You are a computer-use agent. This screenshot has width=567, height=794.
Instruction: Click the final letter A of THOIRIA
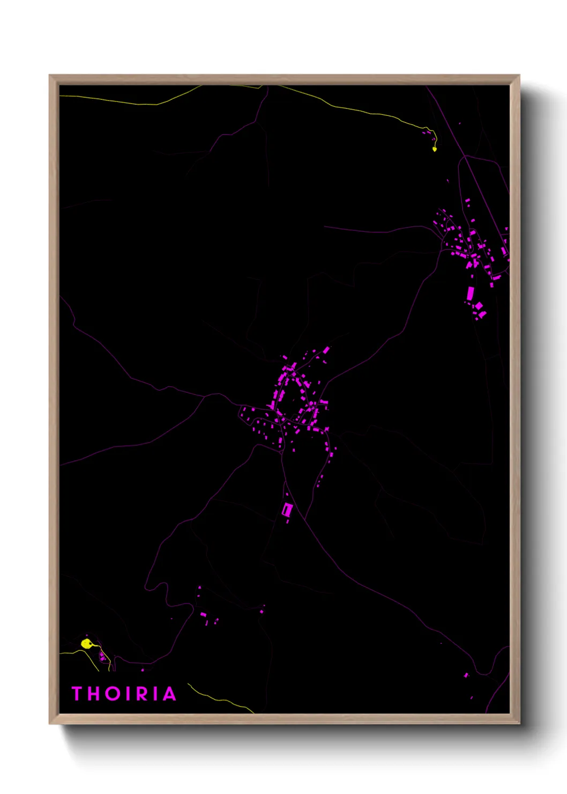[169, 694]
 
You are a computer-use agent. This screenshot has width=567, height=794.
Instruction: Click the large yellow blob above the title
[86, 643]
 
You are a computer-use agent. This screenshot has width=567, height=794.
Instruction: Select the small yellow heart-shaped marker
[435, 149]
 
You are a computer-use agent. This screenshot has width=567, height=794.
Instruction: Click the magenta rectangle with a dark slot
[287, 509]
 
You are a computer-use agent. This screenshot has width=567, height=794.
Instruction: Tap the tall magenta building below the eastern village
[471, 293]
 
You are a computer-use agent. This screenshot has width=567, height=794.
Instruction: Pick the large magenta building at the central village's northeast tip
[326, 350]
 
